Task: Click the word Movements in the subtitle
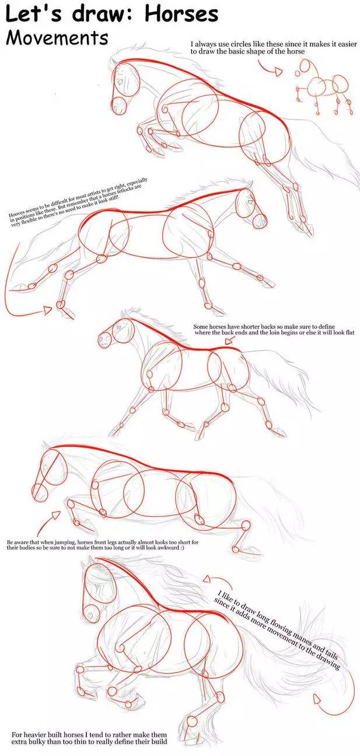(x=57, y=37)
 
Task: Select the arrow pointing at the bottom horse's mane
(x=208, y=579)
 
